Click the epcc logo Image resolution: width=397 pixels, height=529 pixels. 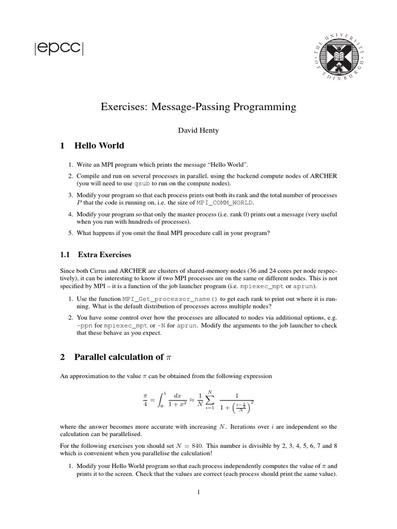(57, 49)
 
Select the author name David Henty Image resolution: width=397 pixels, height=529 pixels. (198, 130)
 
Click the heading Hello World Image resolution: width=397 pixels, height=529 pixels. (99, 146)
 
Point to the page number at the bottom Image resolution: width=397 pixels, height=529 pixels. (198, 492)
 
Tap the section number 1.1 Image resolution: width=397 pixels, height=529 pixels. (66, 255)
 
